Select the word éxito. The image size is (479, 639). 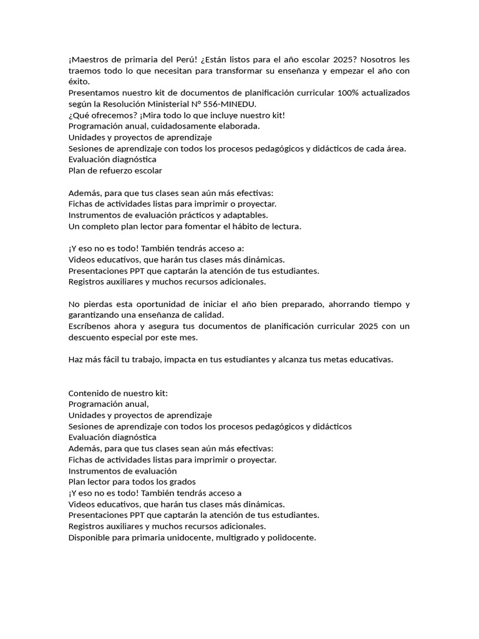[79, 82]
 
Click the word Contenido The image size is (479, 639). [89, 393]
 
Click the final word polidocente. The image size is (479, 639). [291, 537]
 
